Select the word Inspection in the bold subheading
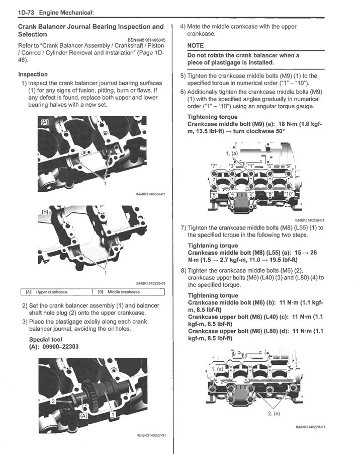coord(33,74)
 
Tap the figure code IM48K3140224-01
coord(150,194)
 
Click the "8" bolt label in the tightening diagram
coord(214,193)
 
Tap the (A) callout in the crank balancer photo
coord(83,416)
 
